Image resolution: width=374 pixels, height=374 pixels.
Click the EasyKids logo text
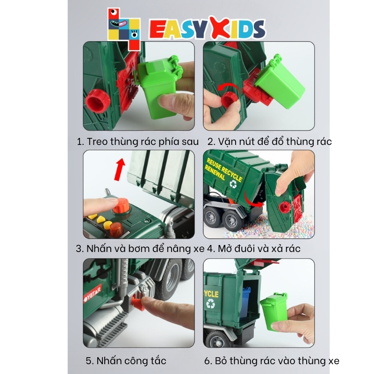coord(207,29)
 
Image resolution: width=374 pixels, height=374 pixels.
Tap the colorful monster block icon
coord(123,29)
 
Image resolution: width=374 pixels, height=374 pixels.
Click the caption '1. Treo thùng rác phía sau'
coord(137,142)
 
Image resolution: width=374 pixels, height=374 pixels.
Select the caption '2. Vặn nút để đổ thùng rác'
coord(270,141)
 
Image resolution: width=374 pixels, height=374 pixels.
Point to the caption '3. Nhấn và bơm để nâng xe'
coord(140,248)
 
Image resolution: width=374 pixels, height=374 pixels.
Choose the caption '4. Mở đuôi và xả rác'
coord(253,248)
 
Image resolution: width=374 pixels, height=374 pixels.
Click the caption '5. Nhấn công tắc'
coord(126,360)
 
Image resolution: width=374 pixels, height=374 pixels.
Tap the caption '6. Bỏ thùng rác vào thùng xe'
coord(272,360)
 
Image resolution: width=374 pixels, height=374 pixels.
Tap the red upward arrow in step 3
coord(119,169)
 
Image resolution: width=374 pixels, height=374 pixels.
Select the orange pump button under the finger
coord(121,206)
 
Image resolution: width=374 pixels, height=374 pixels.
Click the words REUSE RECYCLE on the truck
coord(224,170)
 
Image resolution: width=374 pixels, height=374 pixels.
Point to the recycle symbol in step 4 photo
coord(233,184)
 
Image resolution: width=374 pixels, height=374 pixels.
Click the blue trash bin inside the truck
coord(245,302)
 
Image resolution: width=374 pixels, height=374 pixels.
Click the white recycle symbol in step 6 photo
coord(211,303)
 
